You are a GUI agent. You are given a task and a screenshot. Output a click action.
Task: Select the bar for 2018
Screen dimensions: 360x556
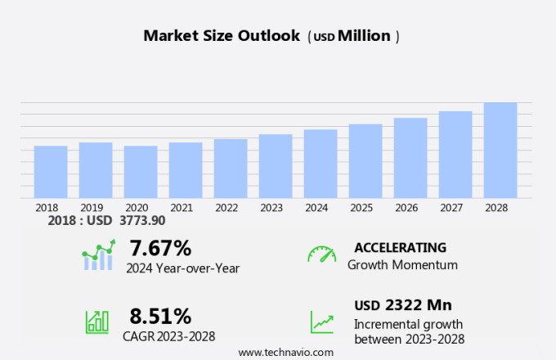coord(51,172)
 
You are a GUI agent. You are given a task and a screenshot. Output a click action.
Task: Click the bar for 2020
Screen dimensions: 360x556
coord(141,172)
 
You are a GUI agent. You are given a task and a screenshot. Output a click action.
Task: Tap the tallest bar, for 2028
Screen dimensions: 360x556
coord(500,151)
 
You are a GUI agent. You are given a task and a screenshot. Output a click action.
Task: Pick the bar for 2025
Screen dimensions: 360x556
coord(365,161)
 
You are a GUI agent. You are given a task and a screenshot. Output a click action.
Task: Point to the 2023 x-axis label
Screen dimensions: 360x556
coord(271,208)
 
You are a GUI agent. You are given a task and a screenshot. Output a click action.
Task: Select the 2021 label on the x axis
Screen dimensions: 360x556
coord(182,208)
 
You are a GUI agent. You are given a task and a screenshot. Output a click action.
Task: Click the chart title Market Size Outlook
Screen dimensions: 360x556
coord(222,36)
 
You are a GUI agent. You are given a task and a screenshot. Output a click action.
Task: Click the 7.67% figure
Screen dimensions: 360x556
coord(160,248)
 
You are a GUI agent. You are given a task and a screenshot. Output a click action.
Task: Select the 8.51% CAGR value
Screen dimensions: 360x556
coord(160,317)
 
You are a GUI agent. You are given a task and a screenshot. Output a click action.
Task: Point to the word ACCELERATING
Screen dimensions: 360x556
coord(401,248)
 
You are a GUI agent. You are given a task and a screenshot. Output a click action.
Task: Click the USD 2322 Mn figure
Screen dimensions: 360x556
coord(403,305)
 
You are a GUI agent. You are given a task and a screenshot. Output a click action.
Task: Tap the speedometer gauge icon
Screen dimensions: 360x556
coord(321,254)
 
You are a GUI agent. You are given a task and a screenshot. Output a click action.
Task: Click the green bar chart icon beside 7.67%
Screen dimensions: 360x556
coord(98,255)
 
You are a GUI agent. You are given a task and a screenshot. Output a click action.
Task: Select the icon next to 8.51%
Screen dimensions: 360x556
coord(97,321)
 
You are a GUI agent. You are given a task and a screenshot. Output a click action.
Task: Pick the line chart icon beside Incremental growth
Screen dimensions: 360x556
coord(321,322)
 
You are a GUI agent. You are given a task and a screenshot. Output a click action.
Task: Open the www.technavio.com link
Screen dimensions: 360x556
coord(286,352)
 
